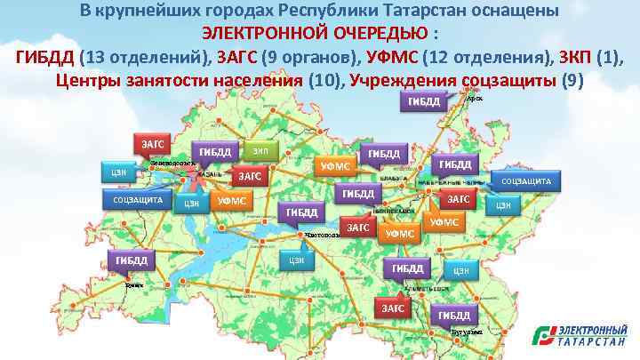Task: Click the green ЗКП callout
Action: [x=259, y=150]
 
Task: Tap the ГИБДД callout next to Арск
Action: [x=424, y=101]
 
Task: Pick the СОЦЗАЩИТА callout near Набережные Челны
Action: [x=527, y=181]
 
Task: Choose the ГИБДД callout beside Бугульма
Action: [x=453, y=315]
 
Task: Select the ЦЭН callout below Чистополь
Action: [x=297, y=260]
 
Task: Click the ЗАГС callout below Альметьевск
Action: [x=392, y=307]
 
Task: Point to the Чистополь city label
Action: [x=321, y=236]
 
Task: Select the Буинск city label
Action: [x=134, y=286]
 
